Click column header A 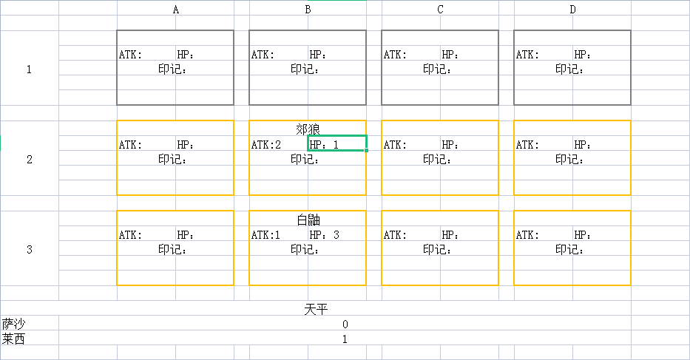pos(175,10)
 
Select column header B pos(308,10)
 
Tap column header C pos(440,10)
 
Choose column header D pos(572,10)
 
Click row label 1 pos(29,69)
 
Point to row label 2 pos(29,159)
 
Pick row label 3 pos(29,249)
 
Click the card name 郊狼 pos(308,129)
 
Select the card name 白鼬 pos(308,220)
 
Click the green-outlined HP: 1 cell pos(336,144)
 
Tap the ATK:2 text pos(266,145)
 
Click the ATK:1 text pos(266,235)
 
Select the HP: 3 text pos(325,235)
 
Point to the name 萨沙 pos(14,324)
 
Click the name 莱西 pos(14,339)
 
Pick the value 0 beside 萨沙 pos(345,325)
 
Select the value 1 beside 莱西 pos(345,339)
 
